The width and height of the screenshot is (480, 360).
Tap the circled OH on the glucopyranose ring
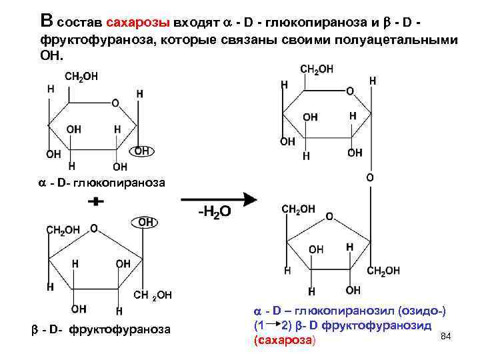pos(142,151)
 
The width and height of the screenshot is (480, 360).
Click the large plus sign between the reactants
pos(97,200)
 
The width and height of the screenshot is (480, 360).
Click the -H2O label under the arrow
pos(214,213)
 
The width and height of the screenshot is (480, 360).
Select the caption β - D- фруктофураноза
pos(101,329)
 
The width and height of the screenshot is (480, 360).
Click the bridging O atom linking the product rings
pos(370,178)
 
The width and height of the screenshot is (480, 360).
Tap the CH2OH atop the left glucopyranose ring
pos(81,77)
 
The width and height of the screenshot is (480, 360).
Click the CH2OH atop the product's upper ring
pos(317,69)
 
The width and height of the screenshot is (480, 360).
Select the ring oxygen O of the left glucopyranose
pos(115,103)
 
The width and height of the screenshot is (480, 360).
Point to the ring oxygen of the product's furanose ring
pos(328,217)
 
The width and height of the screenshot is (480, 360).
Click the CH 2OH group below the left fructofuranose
pos(153,295)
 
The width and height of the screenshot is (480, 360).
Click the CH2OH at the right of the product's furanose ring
pos(383,271)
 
